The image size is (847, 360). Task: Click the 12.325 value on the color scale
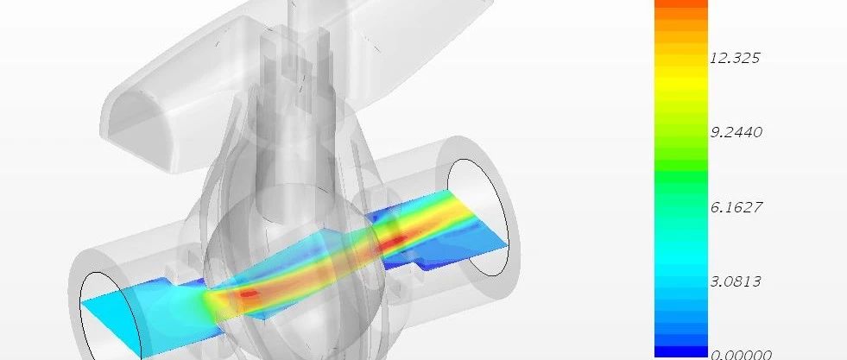(735, 58)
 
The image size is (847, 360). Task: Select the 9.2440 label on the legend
(735, 132)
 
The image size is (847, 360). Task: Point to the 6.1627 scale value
(735, 206)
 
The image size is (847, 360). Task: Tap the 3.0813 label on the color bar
(735, 281)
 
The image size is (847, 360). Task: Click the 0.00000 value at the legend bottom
(739, 355)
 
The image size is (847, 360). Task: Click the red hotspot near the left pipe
(249, 294)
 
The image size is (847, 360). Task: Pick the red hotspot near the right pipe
(396, 240)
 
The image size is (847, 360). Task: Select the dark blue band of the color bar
(681, 348)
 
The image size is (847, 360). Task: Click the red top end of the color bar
(681, 4)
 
